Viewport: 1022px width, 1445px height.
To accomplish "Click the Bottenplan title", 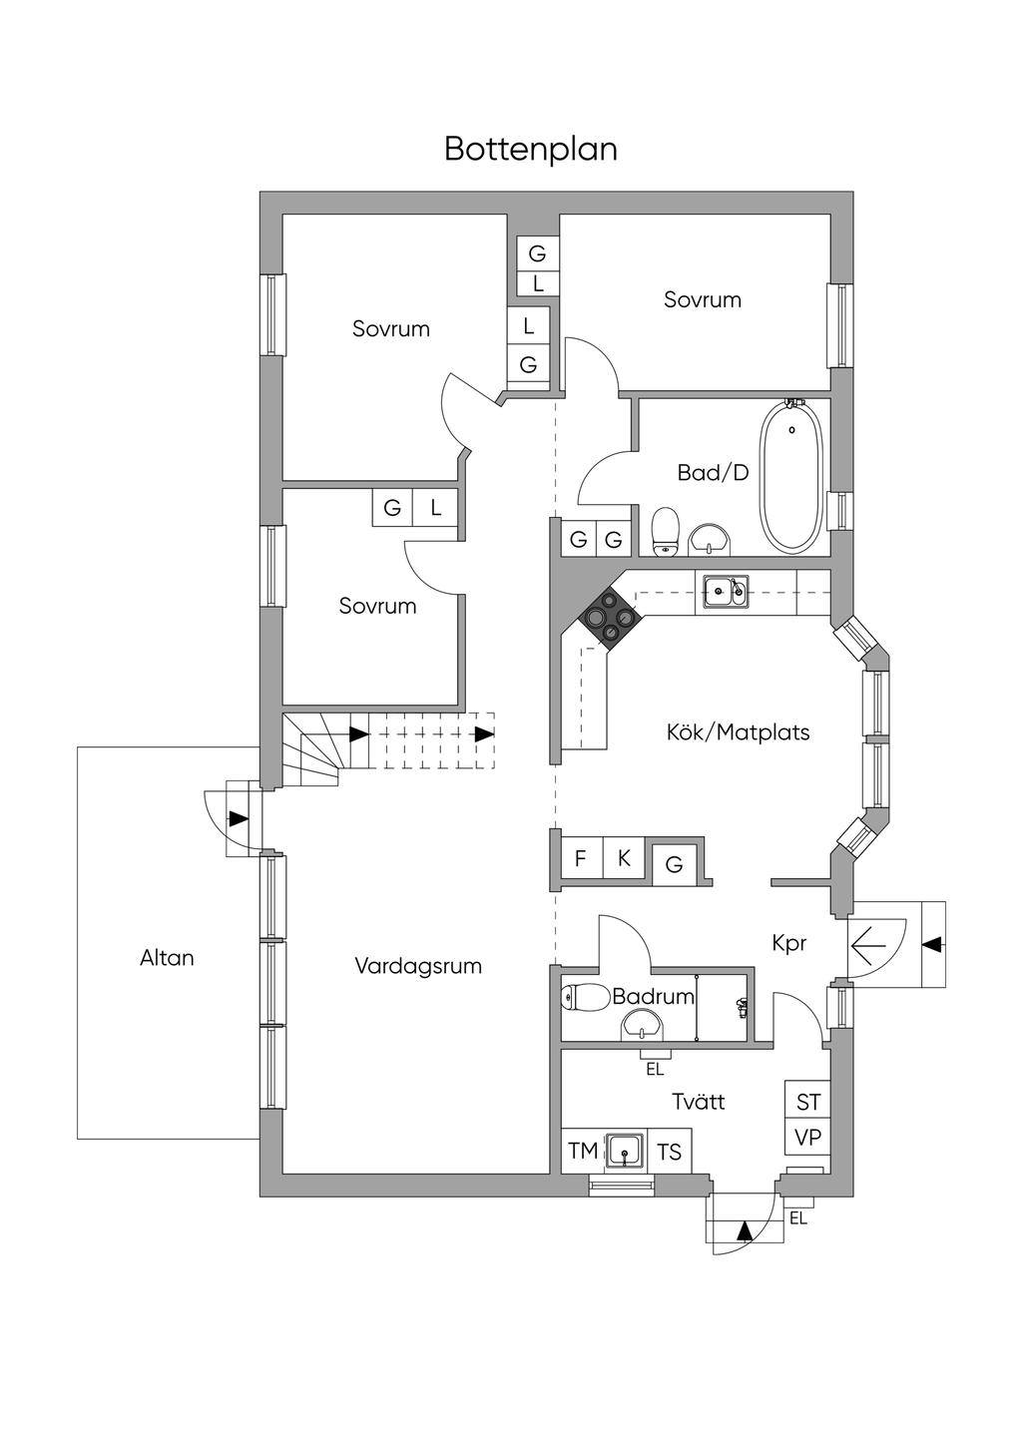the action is [530, 149].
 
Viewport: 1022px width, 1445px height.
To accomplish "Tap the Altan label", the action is [167, 958].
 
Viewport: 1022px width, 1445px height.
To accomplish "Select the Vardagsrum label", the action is [418, 966].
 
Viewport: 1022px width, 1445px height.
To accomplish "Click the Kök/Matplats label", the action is [738, 732].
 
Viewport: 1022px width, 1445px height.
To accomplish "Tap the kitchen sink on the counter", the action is [726, 591].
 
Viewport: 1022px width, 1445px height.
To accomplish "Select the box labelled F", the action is [581, 858].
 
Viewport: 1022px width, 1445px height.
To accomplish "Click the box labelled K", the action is [624, 858].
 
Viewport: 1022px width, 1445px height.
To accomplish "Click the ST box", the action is [807, 1103].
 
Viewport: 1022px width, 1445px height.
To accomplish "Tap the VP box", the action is [807, 1139].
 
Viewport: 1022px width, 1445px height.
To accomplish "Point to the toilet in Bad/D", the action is [666, 531].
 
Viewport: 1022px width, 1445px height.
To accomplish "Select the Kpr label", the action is [789, 944].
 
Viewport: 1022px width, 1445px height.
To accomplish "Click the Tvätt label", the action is [699, 1101].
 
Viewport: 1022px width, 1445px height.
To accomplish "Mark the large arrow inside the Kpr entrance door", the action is [867, 946].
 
